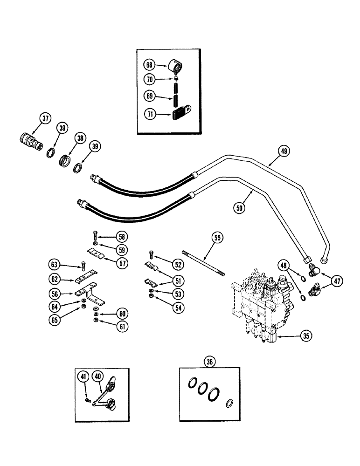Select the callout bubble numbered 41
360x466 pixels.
[83, 376]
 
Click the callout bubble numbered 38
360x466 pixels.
[81, 138]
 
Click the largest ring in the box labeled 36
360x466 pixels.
[214, 394]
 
